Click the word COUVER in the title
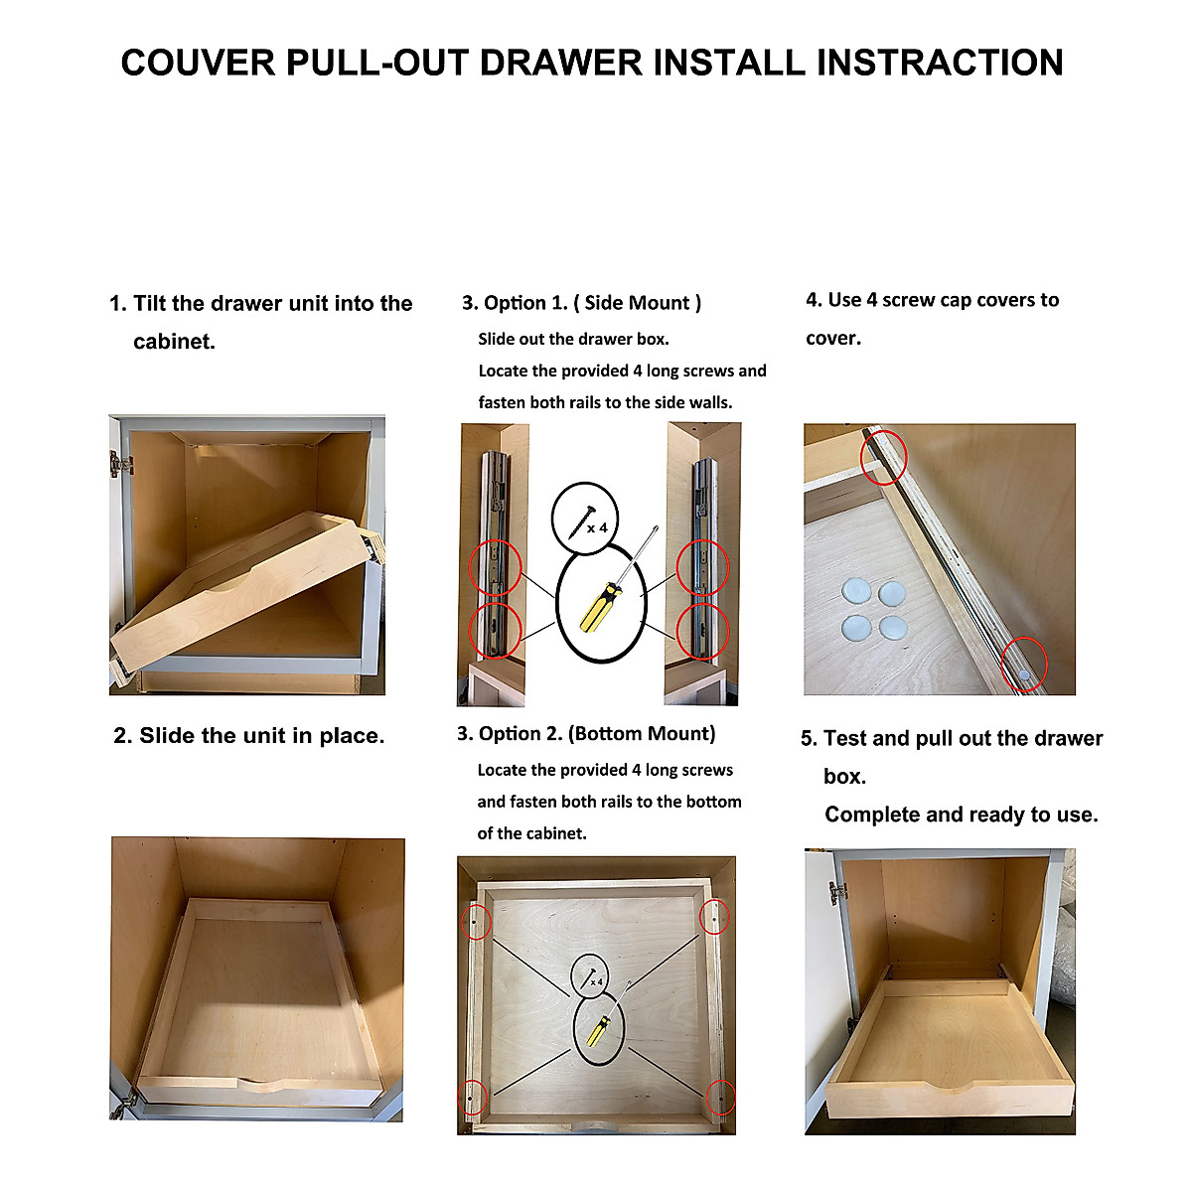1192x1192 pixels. [198, 63]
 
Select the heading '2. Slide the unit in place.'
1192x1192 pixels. [248, 736]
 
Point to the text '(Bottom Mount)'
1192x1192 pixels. [642, 734]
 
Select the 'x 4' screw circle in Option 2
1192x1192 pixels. [590, 975]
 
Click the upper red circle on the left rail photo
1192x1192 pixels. [495, 568]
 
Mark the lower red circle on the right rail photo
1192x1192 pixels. [702, 632]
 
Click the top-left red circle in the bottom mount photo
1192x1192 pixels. [477, 922]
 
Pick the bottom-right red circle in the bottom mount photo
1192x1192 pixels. [721, 1097]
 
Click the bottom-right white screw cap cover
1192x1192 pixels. [893, 627]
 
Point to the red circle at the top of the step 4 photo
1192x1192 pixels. [883, 457]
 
